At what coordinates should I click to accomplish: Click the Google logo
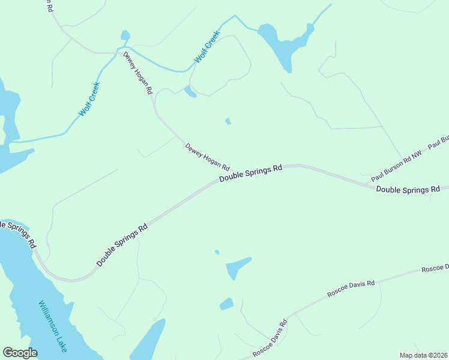pos(20,353)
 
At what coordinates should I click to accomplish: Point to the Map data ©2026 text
pos(423,355)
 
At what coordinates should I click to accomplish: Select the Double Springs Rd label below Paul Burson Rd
pos(408,190)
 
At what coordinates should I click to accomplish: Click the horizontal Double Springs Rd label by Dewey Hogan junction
pos(250,173)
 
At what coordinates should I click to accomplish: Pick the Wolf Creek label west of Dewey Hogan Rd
pos(89,99)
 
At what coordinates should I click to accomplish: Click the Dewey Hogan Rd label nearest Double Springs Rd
pos(207,156)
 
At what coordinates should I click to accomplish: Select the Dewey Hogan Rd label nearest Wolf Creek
pos(138,73)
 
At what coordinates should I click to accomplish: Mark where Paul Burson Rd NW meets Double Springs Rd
pos(367,183)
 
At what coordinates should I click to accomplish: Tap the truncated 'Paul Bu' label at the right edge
pos(438,142)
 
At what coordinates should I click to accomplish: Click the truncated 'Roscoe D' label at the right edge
pos(435,268)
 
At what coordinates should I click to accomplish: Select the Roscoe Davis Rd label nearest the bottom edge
pos(270,339)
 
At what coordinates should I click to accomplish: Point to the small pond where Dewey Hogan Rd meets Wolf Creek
pos(125,35)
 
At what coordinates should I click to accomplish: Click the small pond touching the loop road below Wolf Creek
pos(190,91)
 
